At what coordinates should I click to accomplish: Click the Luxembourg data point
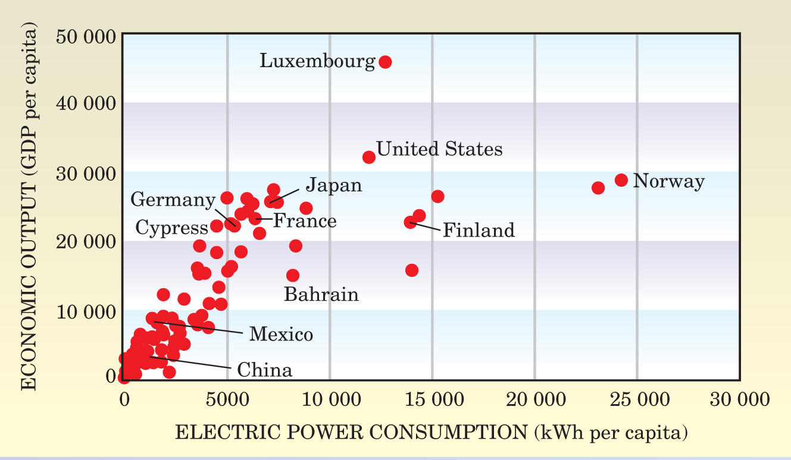[x=385, y=62]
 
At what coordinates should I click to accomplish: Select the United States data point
[x=369, y=157]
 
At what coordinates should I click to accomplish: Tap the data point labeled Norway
[x=621, y=180]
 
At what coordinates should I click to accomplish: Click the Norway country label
[x=668, y=181]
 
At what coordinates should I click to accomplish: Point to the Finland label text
[x=479, y=230]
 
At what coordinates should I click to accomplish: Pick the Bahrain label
[x=321, y=294]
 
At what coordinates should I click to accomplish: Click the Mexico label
[x=281, y=334]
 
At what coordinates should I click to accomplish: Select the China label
[x=265, y=370]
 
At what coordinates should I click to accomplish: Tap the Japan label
[x=334, y=185]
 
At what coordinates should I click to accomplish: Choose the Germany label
[x=173, y=200]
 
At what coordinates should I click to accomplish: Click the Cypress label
[x=171, y=227]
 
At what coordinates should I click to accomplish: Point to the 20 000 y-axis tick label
[x=86, y=242]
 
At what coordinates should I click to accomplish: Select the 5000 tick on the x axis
[x=226, y=398]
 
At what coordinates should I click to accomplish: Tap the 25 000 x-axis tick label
[x=637, y=398]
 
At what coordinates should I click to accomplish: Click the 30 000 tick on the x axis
[x=740, y=398]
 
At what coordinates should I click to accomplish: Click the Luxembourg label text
[x=317, y=61]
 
